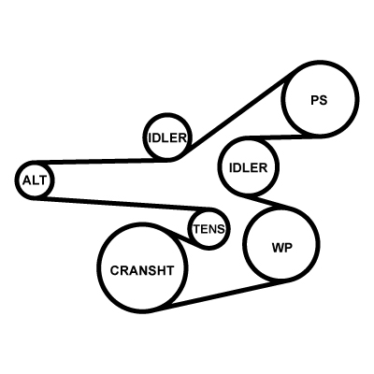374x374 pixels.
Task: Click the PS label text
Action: (x=319, y=100)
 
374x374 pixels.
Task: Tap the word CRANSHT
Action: (x=142, y=270)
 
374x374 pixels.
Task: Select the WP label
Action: (x=282, y=248)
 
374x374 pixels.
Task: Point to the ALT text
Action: (x=35, y=180)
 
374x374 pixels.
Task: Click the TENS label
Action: (x=209, y=229)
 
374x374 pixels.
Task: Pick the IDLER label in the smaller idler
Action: (x=167, y=137)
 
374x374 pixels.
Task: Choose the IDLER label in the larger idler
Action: (x=249, y=168)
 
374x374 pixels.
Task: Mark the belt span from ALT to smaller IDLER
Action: (x=101, y=161)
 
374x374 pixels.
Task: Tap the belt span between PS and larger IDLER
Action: (x=274, y=137)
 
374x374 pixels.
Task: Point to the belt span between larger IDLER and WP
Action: (x=266, y=202)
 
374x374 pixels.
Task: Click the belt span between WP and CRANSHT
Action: (x=223, y=295)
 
